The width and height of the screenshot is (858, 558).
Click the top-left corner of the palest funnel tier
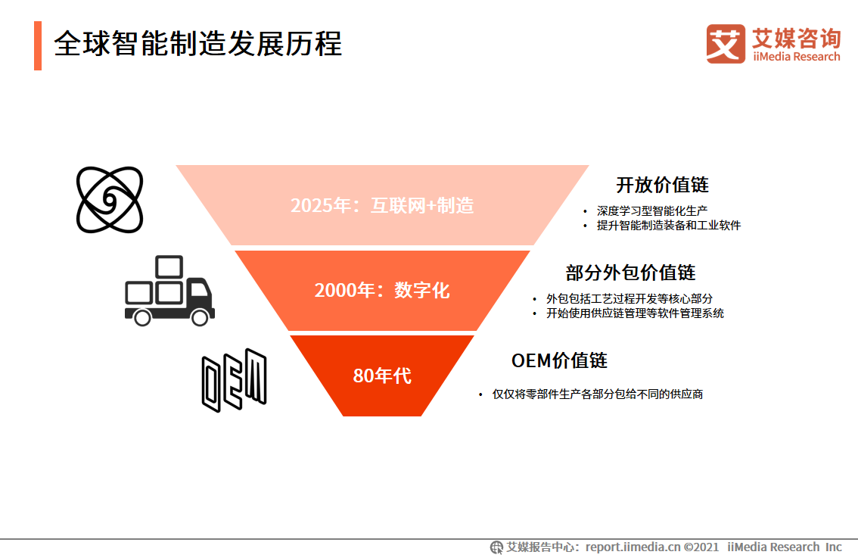[x=176, y=165]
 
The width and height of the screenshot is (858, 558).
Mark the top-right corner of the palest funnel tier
[x=589, y=165]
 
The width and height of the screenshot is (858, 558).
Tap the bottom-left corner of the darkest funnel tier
[x=344, y=416]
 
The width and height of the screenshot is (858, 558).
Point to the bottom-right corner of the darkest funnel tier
[x=421, y=416]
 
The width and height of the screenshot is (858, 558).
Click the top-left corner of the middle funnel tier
[x=235, y=251]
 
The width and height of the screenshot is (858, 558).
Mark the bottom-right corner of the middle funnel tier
[x=477, y=331]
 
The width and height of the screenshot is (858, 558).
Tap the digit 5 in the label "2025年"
[x=326, y=206]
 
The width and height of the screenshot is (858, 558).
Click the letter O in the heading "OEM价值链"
[x=518, y=361]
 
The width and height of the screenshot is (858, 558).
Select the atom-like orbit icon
[x=110, y=200]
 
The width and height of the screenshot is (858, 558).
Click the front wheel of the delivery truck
[x=199, y=317]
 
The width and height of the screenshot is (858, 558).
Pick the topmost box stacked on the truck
[x=169, y=267]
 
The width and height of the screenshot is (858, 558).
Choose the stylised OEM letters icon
[x=235, y=380]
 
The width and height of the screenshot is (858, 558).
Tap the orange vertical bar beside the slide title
[x=38, y=46]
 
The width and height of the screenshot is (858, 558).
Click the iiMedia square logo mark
[x=726, y=44]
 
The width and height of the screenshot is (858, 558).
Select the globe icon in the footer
[x=496, y=547]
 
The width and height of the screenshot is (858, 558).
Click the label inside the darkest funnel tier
[x=382, y=376]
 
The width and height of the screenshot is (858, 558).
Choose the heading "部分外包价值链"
[x=630, y=273]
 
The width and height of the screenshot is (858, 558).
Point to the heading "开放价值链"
[x=662, y=185]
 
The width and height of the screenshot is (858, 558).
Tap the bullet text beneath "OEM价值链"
[x=598, y=394]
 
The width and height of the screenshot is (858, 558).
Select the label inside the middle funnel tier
[x=382, y=290]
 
